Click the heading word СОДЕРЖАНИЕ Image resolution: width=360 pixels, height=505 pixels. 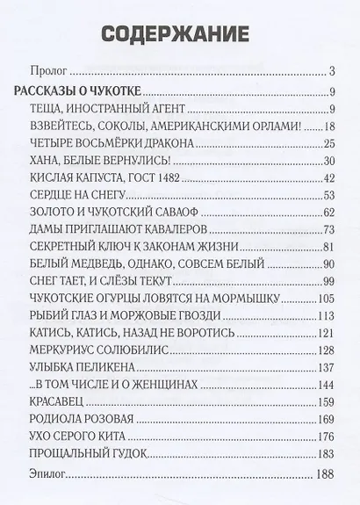(x=180, y=34)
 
